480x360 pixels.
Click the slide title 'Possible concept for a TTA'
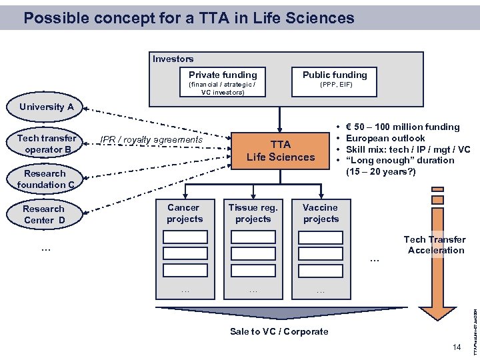click(188, 18)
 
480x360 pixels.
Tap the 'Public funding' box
click(335, 80)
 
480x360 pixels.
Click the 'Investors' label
click(173, 59)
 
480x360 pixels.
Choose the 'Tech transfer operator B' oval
click(47, 144)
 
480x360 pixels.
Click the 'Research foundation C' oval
click(46, 179)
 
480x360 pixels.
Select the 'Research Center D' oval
click(44, 215)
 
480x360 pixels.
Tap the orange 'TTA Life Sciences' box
click(281, 151)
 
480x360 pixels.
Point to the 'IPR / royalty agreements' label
click(151, 140)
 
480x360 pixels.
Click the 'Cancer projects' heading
click(185, 213)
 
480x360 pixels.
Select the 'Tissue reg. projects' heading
click(253, 213)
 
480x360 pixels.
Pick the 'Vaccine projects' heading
click(321, 213)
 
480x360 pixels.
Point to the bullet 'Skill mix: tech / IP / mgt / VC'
click(408, 149)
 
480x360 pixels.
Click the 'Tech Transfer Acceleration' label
click(435, 245)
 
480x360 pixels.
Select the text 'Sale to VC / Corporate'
click(279, 331)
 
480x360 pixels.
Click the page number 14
click(456, 347)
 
